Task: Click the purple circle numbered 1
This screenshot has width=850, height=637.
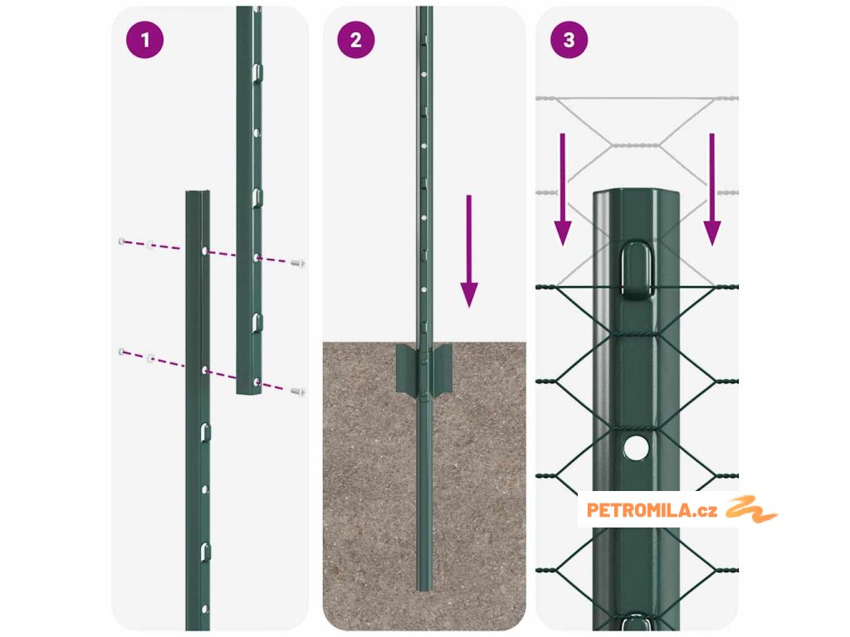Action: (x=144, y=40)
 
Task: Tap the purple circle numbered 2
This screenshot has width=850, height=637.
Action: (x=355, y=40)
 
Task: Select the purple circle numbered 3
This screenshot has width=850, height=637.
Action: (x=569, y=40)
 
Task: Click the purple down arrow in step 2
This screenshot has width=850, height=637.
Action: (x=469, y=251)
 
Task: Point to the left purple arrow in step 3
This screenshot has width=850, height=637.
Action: (x=563, y=190)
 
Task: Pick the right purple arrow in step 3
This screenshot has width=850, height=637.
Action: (x=711, y=190)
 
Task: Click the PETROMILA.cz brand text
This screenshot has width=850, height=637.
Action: (x=652, y=510)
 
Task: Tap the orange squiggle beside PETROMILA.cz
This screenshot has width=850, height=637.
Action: (x=751, y=509)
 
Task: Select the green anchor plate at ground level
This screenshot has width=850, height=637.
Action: (x=424, y=369)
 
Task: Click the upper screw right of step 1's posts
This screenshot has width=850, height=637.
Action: (x=298, y=263)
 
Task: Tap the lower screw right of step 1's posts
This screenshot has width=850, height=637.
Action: (x=298, y=391)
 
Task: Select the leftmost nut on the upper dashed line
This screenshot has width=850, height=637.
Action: (x=121, y=241)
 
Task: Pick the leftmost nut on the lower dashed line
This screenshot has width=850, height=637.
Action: (x=121, y=352)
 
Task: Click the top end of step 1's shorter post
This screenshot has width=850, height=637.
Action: (x=198, y=192)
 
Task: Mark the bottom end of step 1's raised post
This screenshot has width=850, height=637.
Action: (x=249, y=391)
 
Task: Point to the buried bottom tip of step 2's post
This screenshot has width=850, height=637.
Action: (x=424, y=588)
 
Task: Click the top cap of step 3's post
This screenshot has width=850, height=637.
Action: (x=636, y=194)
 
